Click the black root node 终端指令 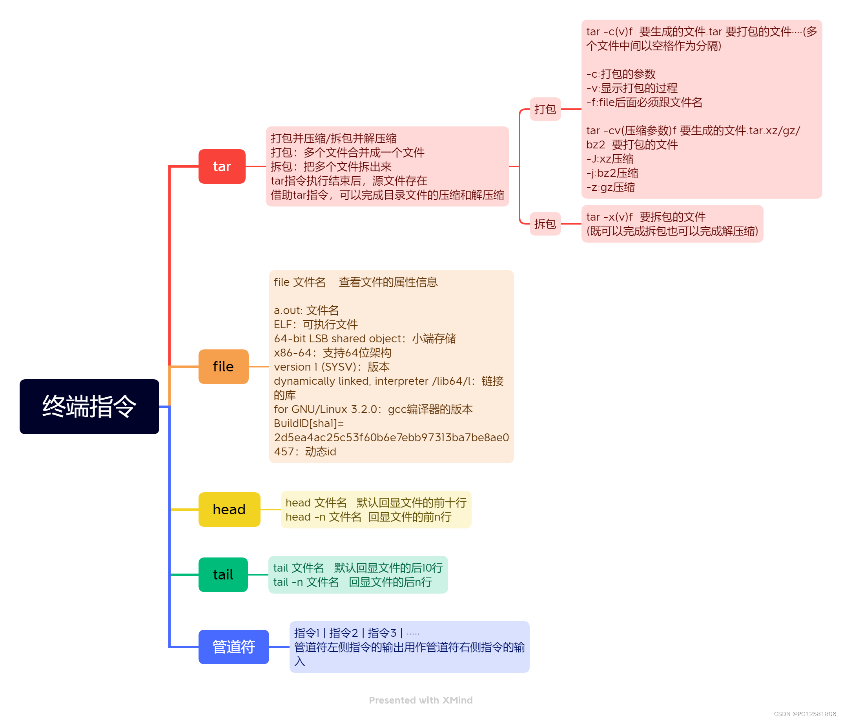click(x=89, y=406)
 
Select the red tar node click(x=222, y=166)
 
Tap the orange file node click(x=223, y=366)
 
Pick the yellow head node click(x=229, y=509)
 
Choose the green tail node click(x=223, y=574)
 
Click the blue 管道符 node click(x=234, y=647)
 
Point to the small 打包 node click(x=545, y=109)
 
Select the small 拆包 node click(x=545, y=224)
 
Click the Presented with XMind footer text click(x=421, y=700)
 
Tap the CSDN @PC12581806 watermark click(x=805, y=714)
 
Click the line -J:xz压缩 click(x=610, y=159)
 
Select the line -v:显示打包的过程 click(x=632, y=88)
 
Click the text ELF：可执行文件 click(x=316, y=324)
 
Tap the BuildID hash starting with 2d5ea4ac click(x=391, y=437)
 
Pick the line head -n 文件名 click(x=368, y=517)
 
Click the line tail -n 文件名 click(x=352, y=582)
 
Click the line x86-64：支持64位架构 click(x=332, y=353)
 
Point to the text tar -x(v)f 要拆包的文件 click(x=646, y=217)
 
